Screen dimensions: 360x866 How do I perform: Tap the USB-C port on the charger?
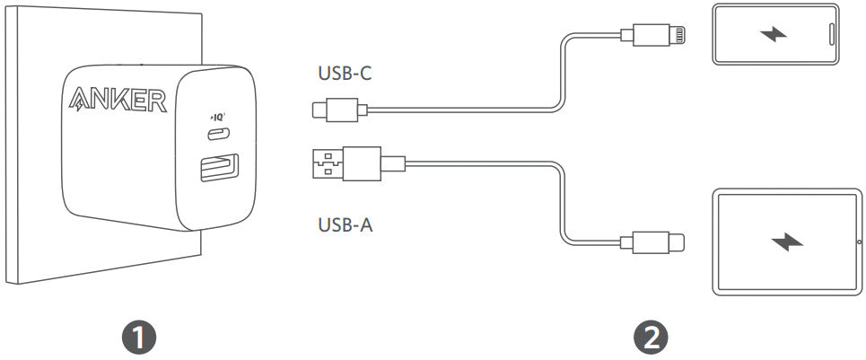(218, 135)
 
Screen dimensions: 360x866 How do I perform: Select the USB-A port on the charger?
(218, 169)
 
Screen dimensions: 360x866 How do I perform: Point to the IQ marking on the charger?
(218, 117)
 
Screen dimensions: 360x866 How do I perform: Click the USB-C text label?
(346, 74)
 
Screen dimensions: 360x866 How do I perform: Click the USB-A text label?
(346, 224)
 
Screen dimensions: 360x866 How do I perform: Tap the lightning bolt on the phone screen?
(771, 35)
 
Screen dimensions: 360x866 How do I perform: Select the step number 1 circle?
(139, 337)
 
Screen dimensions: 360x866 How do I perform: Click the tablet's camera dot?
(847, 241)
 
